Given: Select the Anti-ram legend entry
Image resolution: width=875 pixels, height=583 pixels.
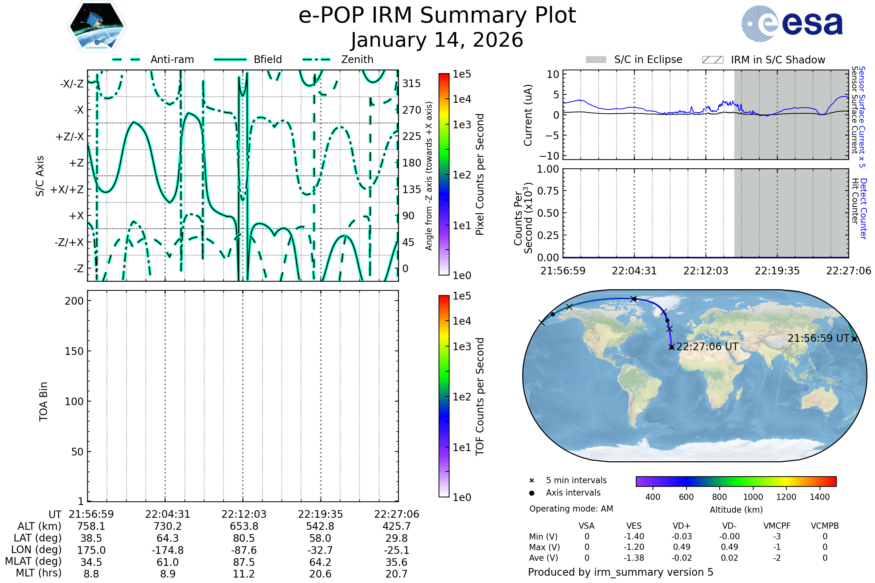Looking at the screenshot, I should coord(153,59).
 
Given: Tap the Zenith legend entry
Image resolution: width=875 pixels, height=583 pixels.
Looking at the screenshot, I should coord(338,59).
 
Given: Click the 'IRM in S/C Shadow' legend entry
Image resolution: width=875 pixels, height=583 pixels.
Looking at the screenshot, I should coord(763,60).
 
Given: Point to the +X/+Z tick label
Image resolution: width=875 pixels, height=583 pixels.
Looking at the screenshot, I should coord(67,189).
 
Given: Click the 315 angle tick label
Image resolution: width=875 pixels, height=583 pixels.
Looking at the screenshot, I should coord(412,83).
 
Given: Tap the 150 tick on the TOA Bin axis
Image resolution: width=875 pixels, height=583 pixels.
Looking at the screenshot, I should coord(74,351).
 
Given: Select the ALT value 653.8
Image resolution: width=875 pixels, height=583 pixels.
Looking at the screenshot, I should coord(244,526).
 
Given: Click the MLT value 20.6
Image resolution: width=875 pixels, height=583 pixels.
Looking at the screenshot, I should coord(320,574).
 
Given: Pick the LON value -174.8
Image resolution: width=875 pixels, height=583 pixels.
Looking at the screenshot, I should coord(167,550).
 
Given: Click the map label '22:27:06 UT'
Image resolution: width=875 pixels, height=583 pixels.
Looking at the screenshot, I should coord(707,347).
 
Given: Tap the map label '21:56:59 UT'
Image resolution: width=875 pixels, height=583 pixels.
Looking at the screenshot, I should coord(818,339).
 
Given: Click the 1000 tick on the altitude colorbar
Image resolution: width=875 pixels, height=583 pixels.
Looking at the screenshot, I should coord(753,497).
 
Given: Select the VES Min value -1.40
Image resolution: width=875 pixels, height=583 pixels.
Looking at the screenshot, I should coord(634,536).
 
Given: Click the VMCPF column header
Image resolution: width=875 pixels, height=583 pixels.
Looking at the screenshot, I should coord(777,526).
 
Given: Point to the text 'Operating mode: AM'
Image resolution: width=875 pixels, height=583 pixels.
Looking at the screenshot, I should coord(571,509).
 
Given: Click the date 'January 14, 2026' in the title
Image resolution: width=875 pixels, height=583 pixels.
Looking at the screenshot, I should coord(437,40).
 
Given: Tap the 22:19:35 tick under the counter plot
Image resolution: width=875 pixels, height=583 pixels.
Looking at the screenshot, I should coord(777,271).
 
